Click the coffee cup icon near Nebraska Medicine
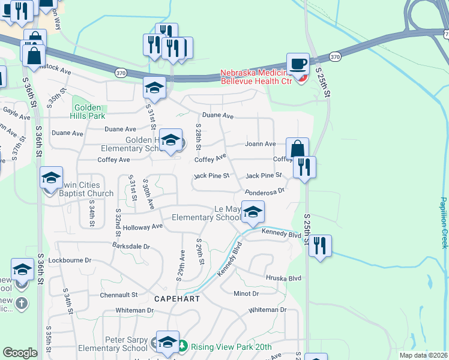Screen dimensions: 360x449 [298, 64]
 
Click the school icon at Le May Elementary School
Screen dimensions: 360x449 [253, 212]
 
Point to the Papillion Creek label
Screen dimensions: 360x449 [443, 223]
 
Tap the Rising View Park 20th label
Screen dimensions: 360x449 [231, 347]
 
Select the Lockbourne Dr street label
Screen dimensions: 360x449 [70, 260]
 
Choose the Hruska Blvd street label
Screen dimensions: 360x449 [284, 278]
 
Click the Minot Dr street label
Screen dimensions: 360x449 [246, 293]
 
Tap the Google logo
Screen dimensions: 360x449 [20, 353]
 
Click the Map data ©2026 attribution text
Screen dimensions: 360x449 [423, 355]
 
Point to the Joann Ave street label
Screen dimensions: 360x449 [260, 144]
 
